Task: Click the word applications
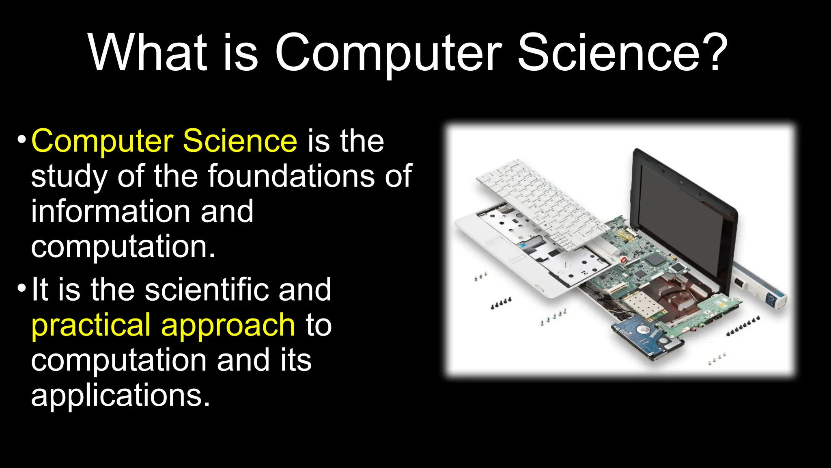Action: click(121, 396)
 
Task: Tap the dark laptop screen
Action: click(682, 211)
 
